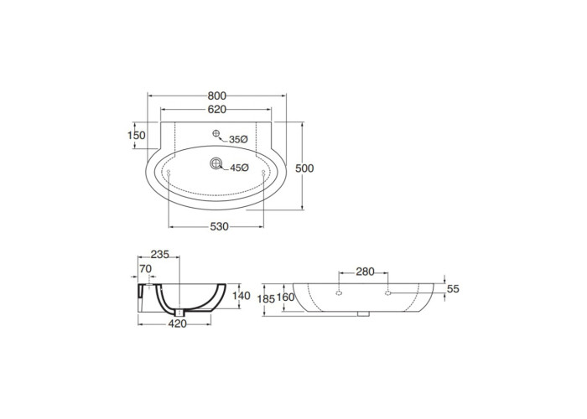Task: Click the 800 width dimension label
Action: click(217, 96)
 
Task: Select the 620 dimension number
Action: click(217, 109)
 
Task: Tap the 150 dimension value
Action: click(136, 135)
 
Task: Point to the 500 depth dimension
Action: click(304, 168)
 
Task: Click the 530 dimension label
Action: click(219, 227)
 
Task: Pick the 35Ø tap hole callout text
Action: click(238, 140)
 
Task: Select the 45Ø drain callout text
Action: click(239, 168)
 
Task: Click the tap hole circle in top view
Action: click(216, 132)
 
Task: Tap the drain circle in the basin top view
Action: click(216, 163)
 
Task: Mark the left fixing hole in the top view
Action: click(169, 172)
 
